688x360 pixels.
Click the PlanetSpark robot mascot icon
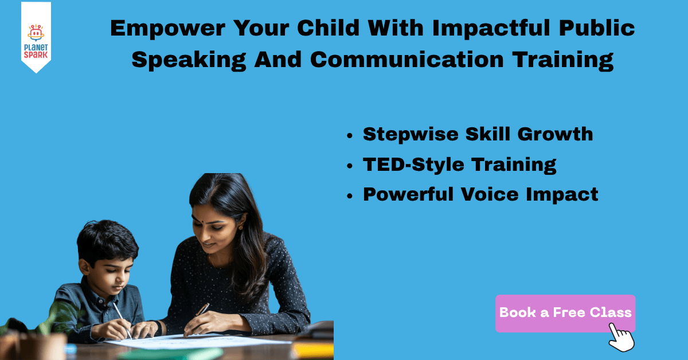coord(36,33)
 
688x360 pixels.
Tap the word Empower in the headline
coord(167,29)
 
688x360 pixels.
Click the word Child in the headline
coord(329,28)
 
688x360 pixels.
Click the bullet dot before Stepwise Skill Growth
coord(350,135)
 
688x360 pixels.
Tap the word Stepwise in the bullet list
coord(411,135)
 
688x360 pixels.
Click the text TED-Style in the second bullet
coord(414,165)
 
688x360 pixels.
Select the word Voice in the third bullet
coord(490,194)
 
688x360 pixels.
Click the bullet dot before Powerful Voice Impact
coord(350,196)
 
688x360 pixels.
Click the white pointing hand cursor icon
coord(621,337)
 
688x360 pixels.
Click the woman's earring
coord(240,228)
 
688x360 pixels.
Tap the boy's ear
coord(83,267)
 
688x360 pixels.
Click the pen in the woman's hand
coord(202,310)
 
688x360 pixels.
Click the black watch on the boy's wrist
coord(158,328)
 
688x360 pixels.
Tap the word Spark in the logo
coord(36,55)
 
